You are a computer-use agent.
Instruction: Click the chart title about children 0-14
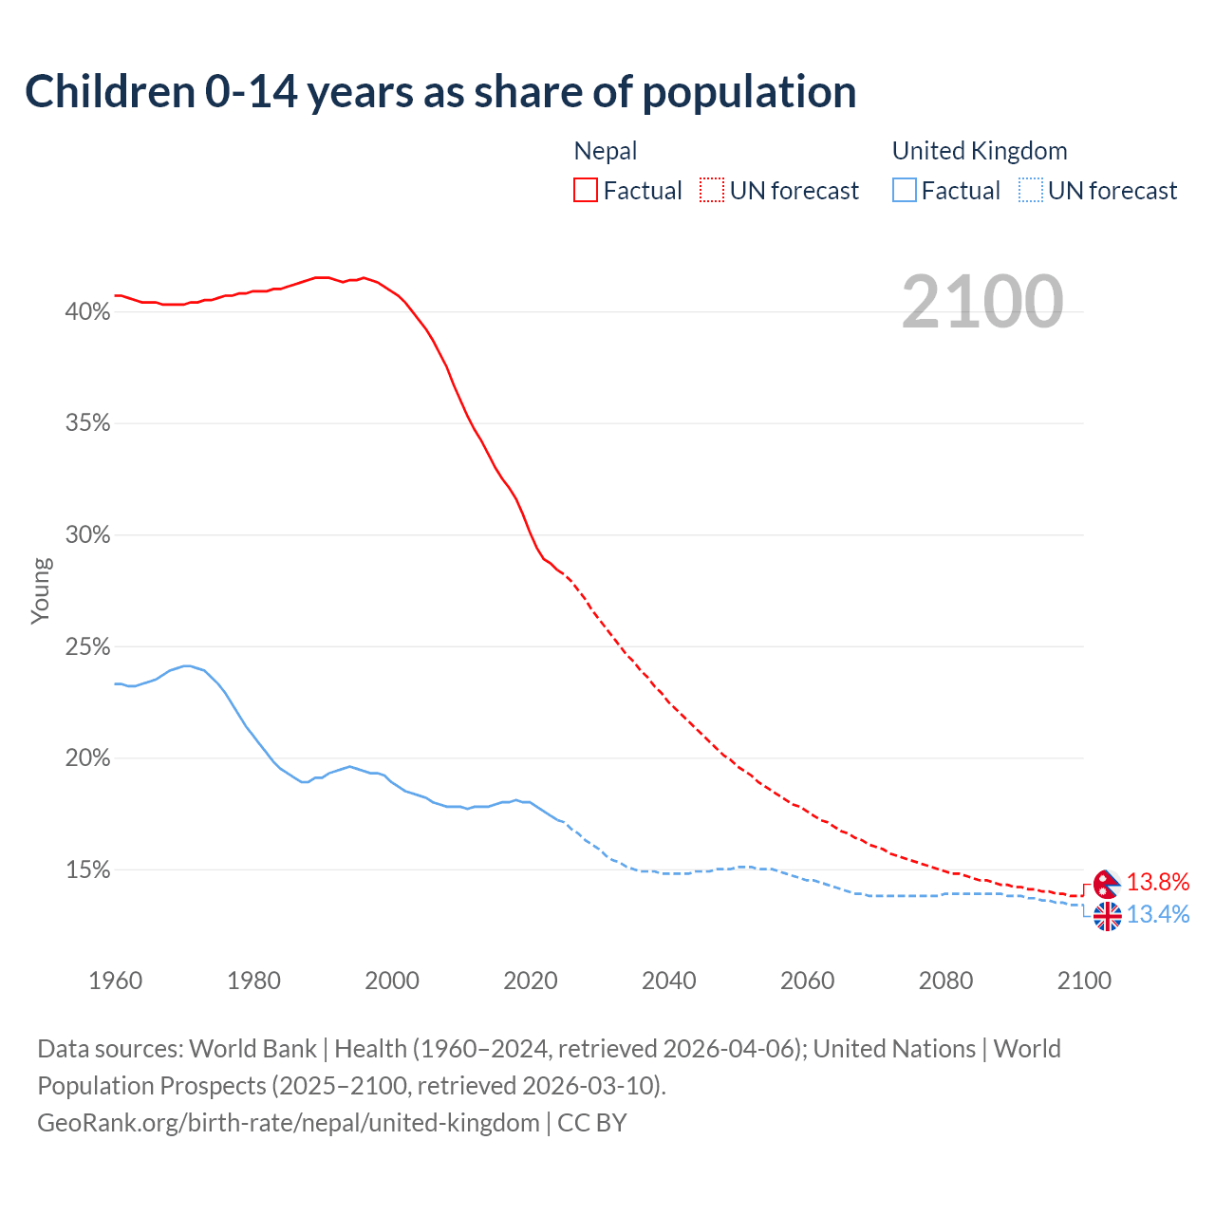pos(440,92)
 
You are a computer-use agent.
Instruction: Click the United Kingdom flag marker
pos(1107,916)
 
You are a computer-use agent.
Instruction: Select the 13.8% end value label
pos(1158,882)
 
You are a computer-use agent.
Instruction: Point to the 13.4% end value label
pos(1158,914)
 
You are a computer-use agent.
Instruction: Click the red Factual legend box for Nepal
pos(586,191)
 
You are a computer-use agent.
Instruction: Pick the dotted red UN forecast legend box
pos(712,191)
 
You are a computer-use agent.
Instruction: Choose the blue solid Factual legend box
pos(905,191)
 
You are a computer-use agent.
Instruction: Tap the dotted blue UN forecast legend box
pos(1031,191)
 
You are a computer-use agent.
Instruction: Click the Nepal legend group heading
pos(606,151)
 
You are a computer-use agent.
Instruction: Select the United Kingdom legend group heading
pos(980,151)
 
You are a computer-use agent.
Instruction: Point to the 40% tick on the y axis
pos(87,311)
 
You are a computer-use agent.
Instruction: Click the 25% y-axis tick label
pos(87,647)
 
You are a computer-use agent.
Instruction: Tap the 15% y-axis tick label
pos(87,870)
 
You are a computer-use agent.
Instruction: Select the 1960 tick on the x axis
pos(115,981)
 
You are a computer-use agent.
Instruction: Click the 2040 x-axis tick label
pos(668,981)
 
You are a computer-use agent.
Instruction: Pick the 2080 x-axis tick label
pos(945,981)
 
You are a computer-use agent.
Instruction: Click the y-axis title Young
pos(41,590)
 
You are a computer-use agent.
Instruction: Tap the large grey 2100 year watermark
pos(982,302)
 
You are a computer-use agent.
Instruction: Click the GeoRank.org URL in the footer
pos(289,1123)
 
